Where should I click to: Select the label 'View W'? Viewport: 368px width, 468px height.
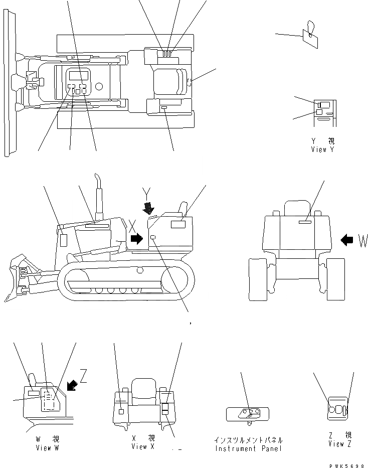[47, 448]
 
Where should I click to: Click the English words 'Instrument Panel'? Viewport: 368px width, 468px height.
[248, 448]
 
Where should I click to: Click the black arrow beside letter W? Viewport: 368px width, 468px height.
[346, 240]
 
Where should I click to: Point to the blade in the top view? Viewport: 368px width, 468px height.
[8, 83]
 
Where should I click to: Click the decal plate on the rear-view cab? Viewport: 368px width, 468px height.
[306, 221]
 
